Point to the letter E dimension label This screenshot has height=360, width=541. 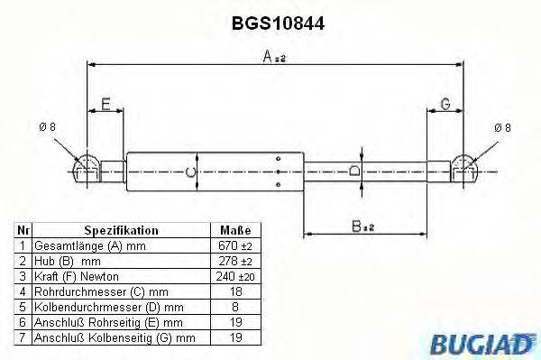[105, 105]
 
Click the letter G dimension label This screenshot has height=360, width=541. [445, 105]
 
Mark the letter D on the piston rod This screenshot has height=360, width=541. [354, 170]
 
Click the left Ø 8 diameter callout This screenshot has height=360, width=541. [48, 127]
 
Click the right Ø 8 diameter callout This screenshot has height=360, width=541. [502, 127]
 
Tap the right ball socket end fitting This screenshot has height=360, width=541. [463, 169]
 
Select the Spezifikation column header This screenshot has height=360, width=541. [121, 230]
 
